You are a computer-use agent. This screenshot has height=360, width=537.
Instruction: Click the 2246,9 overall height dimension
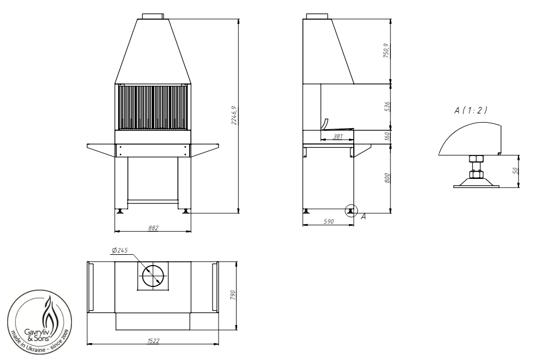(234, 116)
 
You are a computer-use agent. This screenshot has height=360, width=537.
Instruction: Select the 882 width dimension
(153, 228)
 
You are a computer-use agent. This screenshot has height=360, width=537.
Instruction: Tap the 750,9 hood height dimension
(387, 50)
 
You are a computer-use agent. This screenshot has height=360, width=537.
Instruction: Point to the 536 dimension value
(387, 106)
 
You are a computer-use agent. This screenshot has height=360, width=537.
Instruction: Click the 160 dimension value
(387, 136)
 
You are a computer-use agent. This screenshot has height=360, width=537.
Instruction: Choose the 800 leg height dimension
(387, 178)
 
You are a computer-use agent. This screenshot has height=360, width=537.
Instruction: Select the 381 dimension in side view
(338, 136)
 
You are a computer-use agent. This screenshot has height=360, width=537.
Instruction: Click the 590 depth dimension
(329, 221)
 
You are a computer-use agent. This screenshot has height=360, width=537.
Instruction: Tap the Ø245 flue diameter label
(119, 250)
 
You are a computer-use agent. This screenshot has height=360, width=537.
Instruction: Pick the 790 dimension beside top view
(233, 295)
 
